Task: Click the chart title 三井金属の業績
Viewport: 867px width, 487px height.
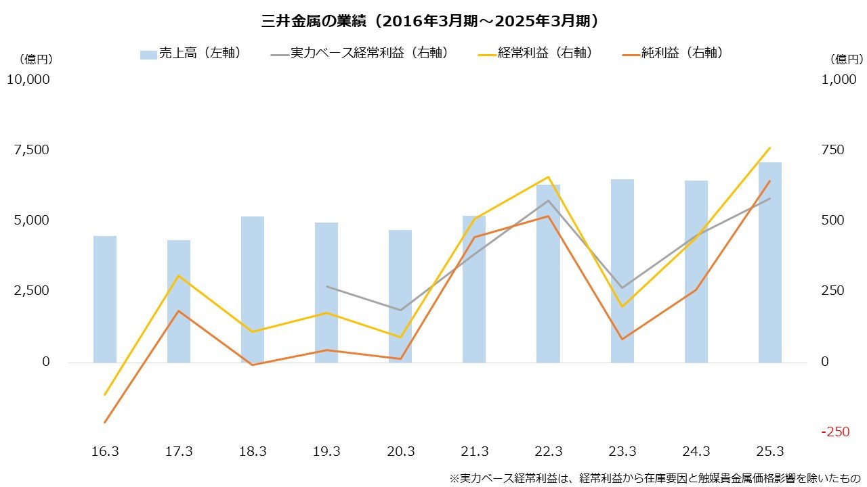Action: pyautogui.click(x=431, y=21)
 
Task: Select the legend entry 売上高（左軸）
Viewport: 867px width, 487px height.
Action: pyautogui.click(x=190, y=53)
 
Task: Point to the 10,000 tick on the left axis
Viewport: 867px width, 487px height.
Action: pyautogui.click(x=28, y=79)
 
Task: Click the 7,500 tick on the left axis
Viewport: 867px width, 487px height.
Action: pyautogui.click(x=31, y=149)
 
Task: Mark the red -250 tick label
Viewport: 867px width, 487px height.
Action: pyautogui.click(x=834, y=432)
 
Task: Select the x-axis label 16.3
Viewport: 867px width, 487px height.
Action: pyautogui.click(x=105, y=452)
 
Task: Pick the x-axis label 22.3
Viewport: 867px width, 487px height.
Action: pyautogui.click(x=549, y=452)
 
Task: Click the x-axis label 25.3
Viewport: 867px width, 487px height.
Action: pyautogui.click(x=770, y=452)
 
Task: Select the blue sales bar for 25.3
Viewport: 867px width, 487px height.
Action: pyautogui.click(x=770, y=264)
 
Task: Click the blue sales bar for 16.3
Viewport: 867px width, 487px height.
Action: pyautogui.click(x=105, y=299)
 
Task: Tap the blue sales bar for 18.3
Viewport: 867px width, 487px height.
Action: pyautogui.click(x=253, y=289)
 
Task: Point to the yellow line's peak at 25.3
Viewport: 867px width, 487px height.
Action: pyautogui.click(x=770, y=147)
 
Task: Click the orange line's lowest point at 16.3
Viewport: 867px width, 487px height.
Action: pyautogui.click(x=105, y=422)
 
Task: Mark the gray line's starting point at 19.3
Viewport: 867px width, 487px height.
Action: pyautogui.click(x=326, y=287)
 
